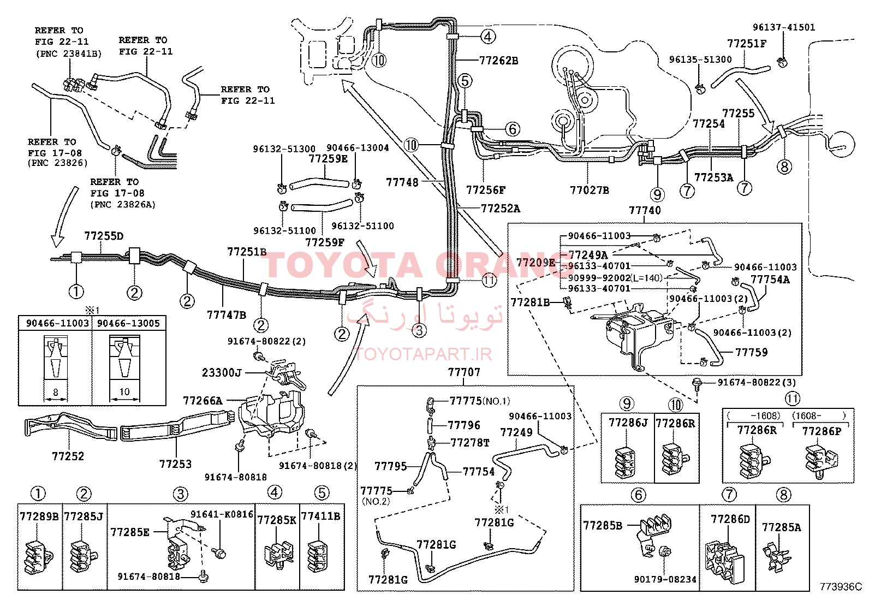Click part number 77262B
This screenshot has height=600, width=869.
pyautogui.click(x=498, y=61)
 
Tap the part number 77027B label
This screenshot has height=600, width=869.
pyautogui.click(x=590, y=190)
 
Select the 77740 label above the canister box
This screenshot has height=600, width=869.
pyautogui.click(x=645, y=210)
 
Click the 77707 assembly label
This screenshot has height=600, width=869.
pyautogui.click(x=464, y=372)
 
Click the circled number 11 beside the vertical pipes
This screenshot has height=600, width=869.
pyautogui.click(x=489, y=280)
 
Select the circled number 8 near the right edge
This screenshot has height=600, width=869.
pyautogui.click(x=784, y=167)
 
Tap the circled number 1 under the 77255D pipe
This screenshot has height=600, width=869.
pyautogui.click(x=76, y=291)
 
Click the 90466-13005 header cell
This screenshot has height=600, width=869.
pyautogui.click(x=128, y=323)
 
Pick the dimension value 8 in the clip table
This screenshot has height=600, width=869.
pyautogui.click(x=56, y=392)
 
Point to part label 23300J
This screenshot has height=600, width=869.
pyautogui.click(x=222, y=373)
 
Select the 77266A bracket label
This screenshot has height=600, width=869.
pyautogui.click(x=203, y=401)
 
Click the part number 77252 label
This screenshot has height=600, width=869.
pyautogui.click(x=68, y=456)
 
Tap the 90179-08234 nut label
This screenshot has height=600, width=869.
pyautogui.click(x=665, y=579)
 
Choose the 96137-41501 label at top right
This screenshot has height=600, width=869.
pyautogui.click(x=784, y=27)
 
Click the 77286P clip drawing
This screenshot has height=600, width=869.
pyautogui.click(x=822, y=462)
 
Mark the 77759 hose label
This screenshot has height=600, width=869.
pyautogui.click(x=752, y=352)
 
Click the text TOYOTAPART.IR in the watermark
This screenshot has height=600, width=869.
pyautogui.click(x=424, y=354)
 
